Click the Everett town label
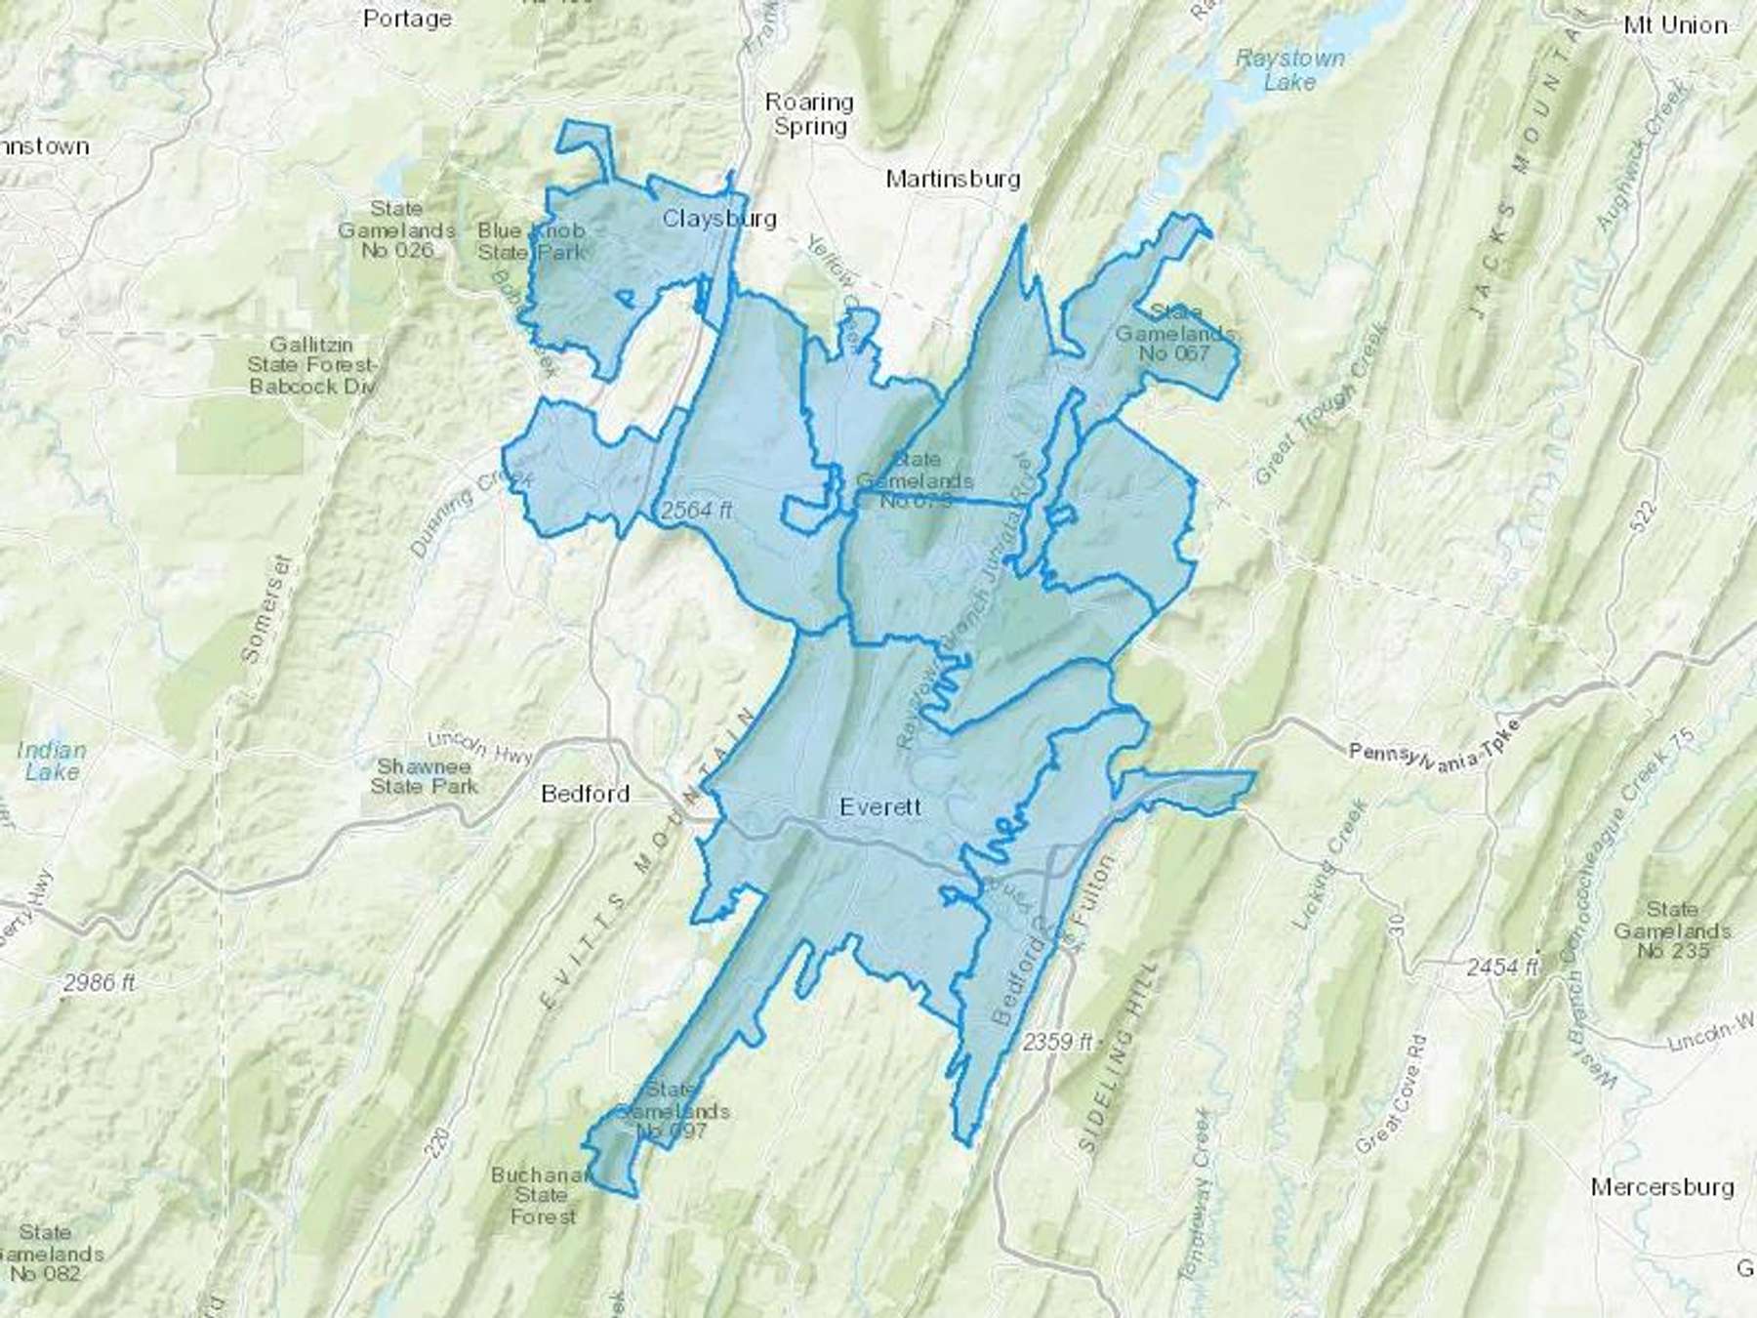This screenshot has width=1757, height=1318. coord(880,806)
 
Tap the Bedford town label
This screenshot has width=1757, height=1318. coord(586,794)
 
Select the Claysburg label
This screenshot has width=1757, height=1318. coord(719,218)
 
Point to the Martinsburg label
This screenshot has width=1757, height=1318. coord(953,178)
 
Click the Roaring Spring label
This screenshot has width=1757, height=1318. coord(809,114)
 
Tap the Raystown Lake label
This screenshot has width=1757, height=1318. coord(1289,70)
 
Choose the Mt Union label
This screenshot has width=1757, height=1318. coord(1675,25)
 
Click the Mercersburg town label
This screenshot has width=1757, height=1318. coord(1662,1187)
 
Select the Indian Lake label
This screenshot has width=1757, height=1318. coord(52,761)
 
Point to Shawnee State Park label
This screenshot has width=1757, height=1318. coord(424,776)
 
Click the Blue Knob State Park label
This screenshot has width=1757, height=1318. coord(532,241)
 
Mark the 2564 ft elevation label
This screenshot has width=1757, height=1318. coord(696,510)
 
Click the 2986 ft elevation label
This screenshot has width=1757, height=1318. coord(100,983)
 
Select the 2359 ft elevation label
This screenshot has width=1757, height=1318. coord(1058,1042)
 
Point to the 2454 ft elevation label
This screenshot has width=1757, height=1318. coord(1502,967)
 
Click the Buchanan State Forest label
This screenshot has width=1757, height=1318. coord(541,1196)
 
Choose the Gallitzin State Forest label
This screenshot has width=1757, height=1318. coord(312,365)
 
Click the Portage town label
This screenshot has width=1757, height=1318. coord(407,18)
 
